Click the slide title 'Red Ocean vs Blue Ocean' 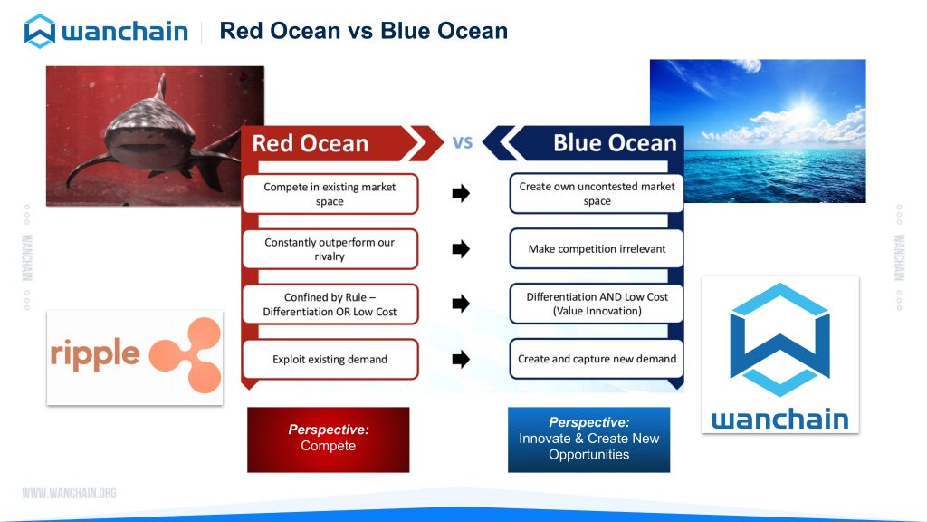pos(363,31)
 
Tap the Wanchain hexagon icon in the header pos(40,31)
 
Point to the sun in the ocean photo pos(802,111)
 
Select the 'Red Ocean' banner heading pos(311,143)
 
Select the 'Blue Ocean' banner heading pos(615,142)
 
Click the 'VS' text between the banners pos(463,142)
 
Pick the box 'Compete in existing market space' pos(330,194)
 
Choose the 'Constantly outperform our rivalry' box pos(330,249)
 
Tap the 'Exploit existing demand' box pos(330,359)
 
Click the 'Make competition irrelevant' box pos(597,248)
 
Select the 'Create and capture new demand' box pos(597,359)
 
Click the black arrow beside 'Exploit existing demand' pos(461,359)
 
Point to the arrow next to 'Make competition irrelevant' pos(461,248)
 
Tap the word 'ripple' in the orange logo pos(95,354)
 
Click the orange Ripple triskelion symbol pos(186,355)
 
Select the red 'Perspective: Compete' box pos(328,440)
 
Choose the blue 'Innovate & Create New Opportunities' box pos(588,440)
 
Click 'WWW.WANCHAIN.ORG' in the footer pos(69,492)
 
